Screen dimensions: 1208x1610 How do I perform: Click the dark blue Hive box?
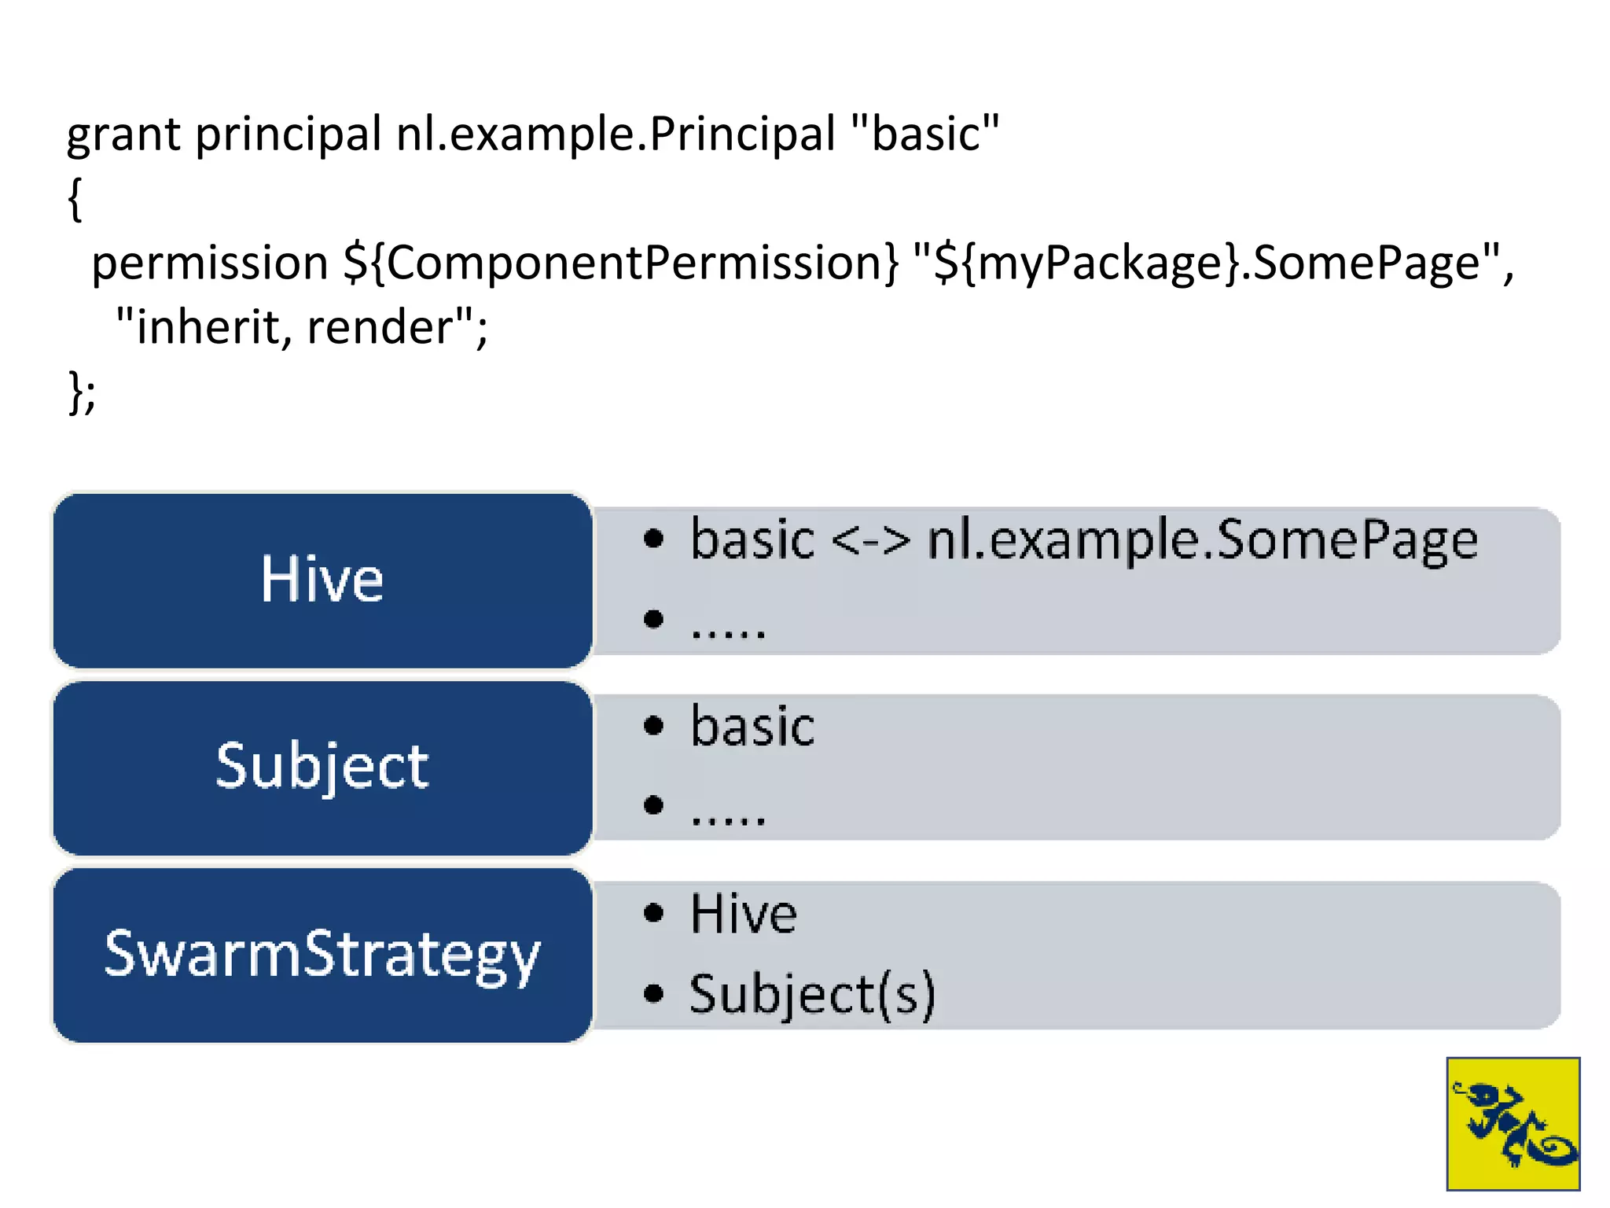pyautogui.click(x=322, y=580)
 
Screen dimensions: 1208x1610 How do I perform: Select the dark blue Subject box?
pyautogui.click(x=322, y=767)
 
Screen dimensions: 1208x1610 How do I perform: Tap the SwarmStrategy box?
pyautogui.click(x=322, y=955)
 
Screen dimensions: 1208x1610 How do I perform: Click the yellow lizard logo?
pyautogui.click(x=1513, y=1123)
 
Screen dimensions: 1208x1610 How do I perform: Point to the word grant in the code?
pyautogui.click(x=123, y=135)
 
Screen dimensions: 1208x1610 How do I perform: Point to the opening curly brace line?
pyautogui.click(x=75, y=199)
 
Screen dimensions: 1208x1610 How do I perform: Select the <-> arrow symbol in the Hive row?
pyautogui.click(x=870, y=542)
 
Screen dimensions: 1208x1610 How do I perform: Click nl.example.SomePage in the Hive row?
pyautogui.click(x=1202, y=542)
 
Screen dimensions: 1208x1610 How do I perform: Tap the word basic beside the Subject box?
pyautogui.click(x=752, y=727)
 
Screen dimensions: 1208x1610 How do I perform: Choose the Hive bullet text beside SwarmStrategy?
pyautogui.click(x=743, y=915)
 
